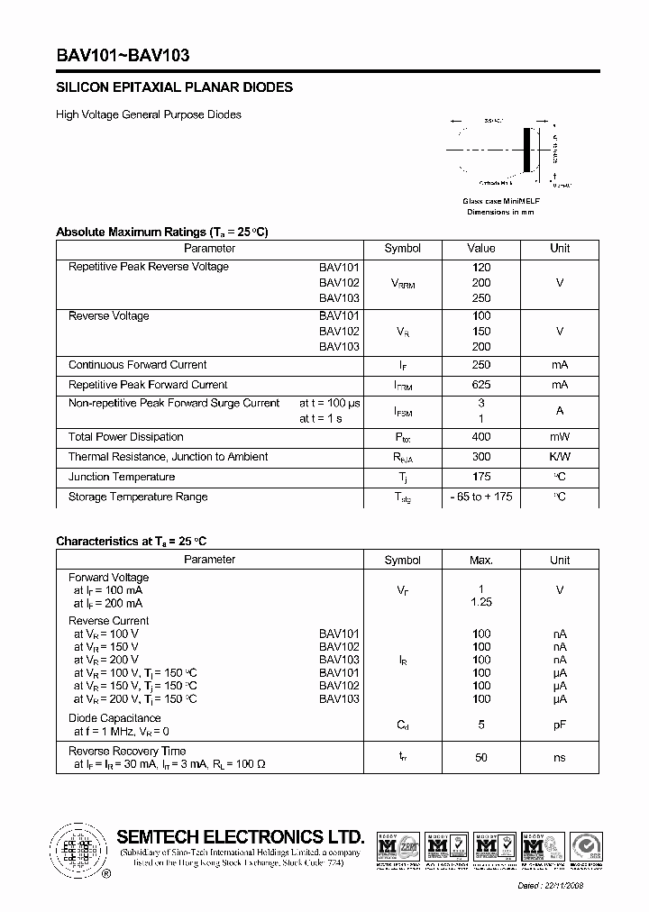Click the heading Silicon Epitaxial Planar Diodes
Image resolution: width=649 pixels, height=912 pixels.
(174, 88)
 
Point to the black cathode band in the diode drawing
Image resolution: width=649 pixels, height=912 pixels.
(528, 148)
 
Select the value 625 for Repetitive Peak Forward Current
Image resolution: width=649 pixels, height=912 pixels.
(481, 385)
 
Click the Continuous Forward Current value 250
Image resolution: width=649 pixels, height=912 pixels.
(481, 365)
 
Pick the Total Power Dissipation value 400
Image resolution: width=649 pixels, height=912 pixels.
(481, 437)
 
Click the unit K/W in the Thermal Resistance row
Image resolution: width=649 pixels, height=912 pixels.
(560, 457)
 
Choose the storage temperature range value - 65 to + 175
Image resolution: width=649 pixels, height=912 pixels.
(481, 497)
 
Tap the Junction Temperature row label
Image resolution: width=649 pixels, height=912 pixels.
(122, 477)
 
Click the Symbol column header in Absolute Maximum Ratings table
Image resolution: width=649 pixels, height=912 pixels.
(402, 249)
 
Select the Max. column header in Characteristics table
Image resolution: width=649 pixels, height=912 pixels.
(481, 560)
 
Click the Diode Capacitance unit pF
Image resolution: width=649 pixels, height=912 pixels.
(560, 724)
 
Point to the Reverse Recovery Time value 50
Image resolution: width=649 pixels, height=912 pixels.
(481, 757)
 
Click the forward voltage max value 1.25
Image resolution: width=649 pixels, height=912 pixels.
(481, 602)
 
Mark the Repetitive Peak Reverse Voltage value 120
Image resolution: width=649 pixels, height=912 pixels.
(481, 267)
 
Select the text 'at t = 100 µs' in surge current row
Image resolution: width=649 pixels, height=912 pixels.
(330, 403)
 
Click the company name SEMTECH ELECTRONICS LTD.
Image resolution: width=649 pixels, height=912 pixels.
(240, 835)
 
